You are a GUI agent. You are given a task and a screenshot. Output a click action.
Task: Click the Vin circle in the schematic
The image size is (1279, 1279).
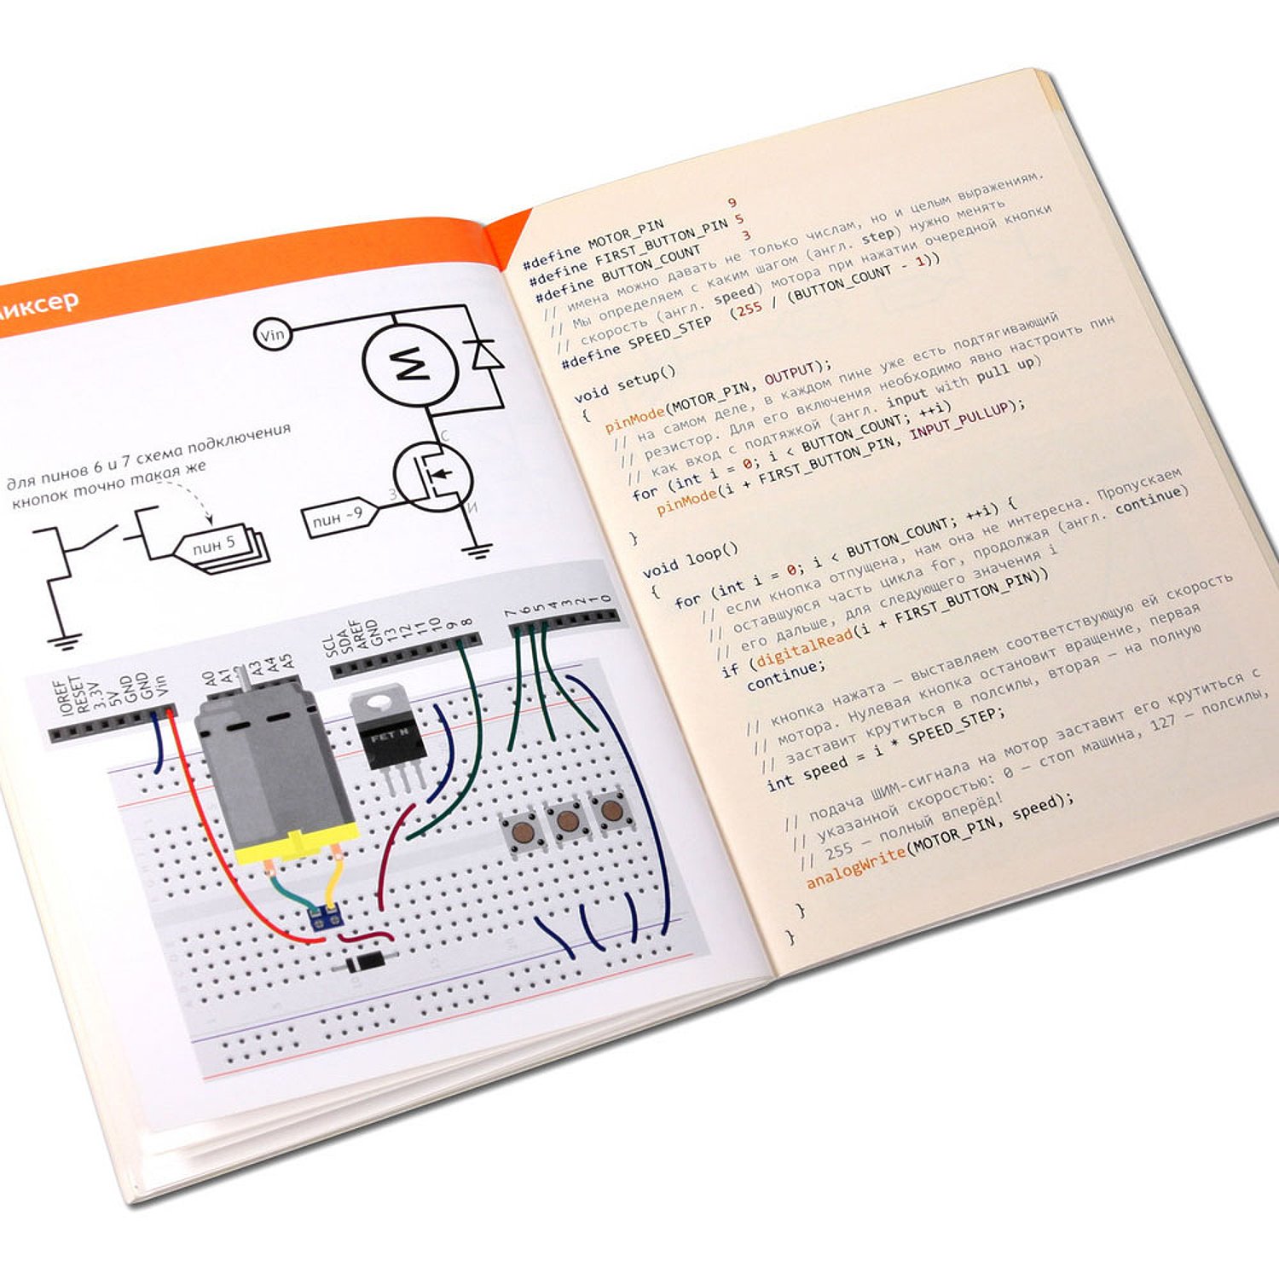273,334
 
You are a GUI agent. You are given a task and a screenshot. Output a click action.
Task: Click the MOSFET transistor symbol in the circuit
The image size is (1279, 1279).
433,477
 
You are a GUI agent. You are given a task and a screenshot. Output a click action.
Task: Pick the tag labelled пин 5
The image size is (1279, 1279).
215,546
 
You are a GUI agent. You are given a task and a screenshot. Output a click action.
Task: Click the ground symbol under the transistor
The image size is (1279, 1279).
480,549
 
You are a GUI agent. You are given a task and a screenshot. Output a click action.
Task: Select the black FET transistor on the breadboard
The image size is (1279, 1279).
385,732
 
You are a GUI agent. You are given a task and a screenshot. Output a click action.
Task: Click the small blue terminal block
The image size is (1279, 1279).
326,917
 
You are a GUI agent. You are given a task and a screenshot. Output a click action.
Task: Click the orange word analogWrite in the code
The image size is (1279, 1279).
854,865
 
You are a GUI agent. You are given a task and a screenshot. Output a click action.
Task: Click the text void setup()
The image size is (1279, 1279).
624,383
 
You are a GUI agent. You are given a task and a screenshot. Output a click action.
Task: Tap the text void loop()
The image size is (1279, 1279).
690,558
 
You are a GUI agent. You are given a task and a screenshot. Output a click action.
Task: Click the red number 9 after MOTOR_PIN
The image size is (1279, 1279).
732,203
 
